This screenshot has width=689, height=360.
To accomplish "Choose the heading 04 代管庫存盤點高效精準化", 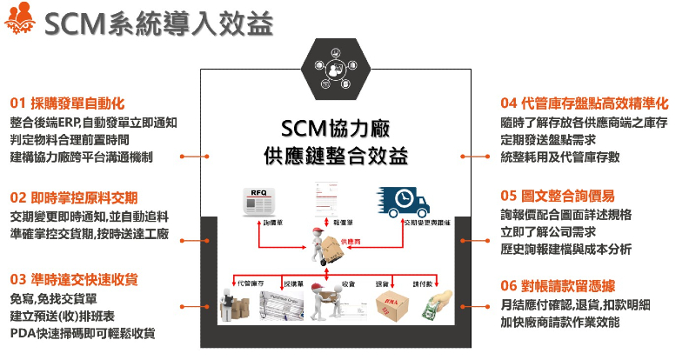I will (x=591, y=102).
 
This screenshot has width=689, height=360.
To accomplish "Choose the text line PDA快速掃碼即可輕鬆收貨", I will (x=84, y=333).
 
